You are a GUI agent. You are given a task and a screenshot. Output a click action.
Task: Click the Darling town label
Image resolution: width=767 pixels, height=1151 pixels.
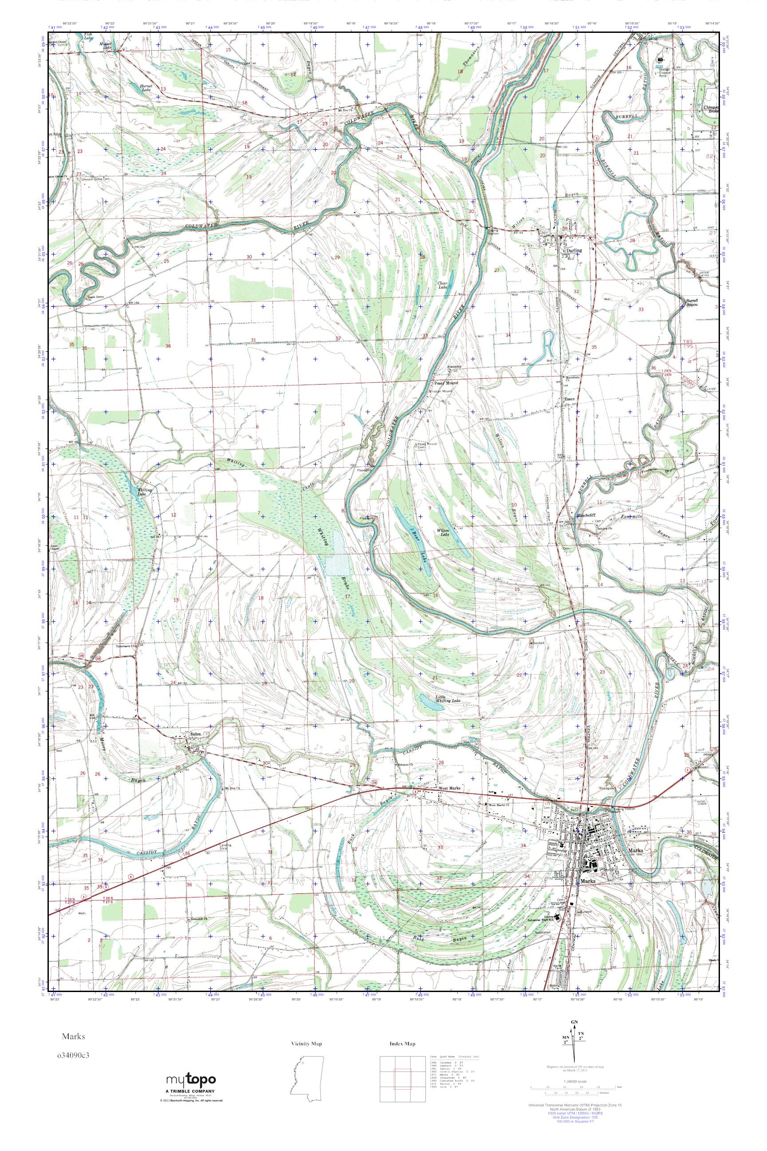(x=573, y=250)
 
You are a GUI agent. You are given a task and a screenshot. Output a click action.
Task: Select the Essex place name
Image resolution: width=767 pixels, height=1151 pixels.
(x=569, y=399)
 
